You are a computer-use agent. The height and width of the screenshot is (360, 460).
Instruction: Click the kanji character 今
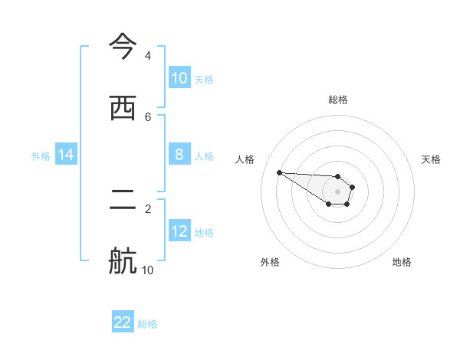click(123, 46)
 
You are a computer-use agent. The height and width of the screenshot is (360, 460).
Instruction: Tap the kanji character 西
click(123, 107)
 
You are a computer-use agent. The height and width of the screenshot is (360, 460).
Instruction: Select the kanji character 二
click(123, 199)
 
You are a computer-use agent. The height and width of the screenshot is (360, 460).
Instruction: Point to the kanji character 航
click(123, 261)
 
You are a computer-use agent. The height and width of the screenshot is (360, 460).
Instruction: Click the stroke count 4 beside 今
click(148, 55)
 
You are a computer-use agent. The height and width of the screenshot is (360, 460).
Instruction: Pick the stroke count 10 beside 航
click(148, 270)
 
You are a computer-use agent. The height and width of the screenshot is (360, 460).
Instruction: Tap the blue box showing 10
click(179, 78)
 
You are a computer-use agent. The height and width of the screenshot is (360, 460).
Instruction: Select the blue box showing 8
click(179, 155)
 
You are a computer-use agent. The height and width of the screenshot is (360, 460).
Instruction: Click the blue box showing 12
click(179, 231)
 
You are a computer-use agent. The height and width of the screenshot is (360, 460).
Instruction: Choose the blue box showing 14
click(66, 155)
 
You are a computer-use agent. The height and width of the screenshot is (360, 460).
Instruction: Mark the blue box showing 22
click(123, 322)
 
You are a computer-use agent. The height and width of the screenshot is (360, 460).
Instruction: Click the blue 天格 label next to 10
click(204, 79)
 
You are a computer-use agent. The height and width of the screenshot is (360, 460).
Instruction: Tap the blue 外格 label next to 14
click(41, 155)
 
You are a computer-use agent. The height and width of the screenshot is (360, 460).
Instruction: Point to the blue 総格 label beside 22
click(147, 323)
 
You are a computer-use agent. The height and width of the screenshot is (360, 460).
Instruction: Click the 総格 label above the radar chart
click(338, 100)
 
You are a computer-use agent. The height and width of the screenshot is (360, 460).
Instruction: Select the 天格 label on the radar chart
click(431, 159)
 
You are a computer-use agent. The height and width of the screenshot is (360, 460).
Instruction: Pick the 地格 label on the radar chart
click(402, 262)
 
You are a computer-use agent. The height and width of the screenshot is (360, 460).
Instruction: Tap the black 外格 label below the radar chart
click(270, 262)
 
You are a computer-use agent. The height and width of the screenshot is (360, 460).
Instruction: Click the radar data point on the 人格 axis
click(279, 172)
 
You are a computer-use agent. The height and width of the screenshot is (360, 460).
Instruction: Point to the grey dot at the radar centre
click(337, 191)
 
